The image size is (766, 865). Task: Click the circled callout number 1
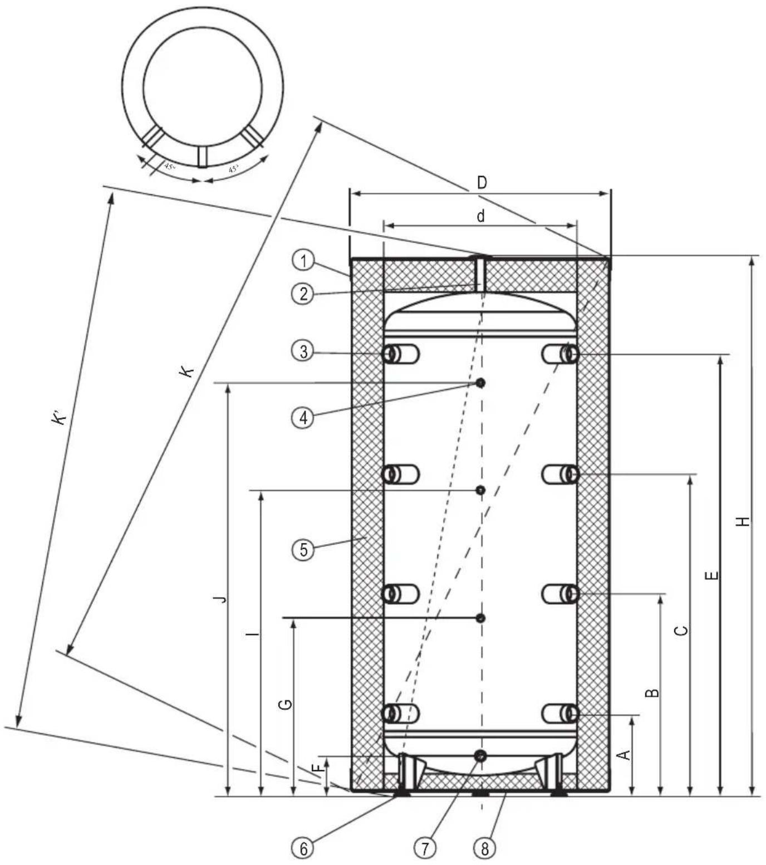pos(303,260)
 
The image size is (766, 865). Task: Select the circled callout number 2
pos(303,294)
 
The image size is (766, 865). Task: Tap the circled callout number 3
pos(303,351)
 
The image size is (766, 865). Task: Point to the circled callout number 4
pos(303,417)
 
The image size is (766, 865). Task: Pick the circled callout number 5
pos(303,550)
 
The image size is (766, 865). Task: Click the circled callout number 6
pos(303,848)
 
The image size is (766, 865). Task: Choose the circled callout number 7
pos(425,848)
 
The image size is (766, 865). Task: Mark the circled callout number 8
pos(484,848)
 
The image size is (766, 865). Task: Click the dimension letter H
pos(743,521)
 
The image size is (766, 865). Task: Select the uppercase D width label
pos(482,182)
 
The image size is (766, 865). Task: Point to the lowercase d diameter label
pos(480,216)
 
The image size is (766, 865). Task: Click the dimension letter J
pos(222,599)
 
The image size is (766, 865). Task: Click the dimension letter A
pos(625,755)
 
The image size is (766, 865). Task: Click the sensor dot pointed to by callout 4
pos(480,383)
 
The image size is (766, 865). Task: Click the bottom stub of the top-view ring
pos(203,157)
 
